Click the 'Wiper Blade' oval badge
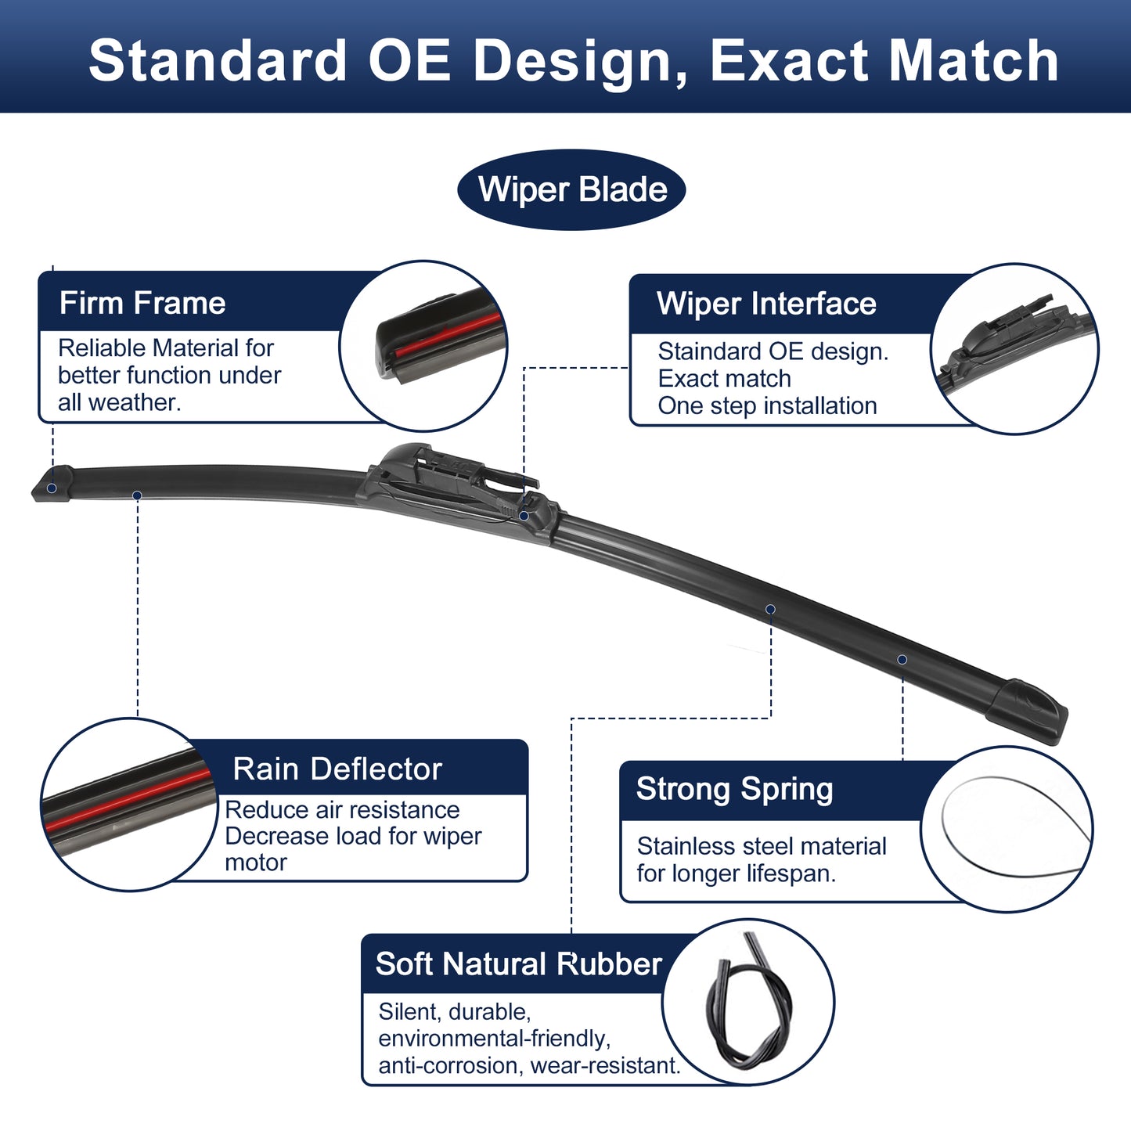[x=571, y=189]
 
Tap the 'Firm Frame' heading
[x=142, y=303]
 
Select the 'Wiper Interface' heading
[x=766, y=304]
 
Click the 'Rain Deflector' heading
[x=337, y=769]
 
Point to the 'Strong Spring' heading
[x=734, y=789]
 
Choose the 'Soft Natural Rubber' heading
[x=519, y=964]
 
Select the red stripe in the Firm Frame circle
[x=447, y=335]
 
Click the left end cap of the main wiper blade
[x=52, y=484]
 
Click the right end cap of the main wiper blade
[x=1028, y=712]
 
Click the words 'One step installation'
[x=767, y=405]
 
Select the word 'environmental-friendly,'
[x=494, y=1039]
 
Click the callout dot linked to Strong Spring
[x=902, y=661]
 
